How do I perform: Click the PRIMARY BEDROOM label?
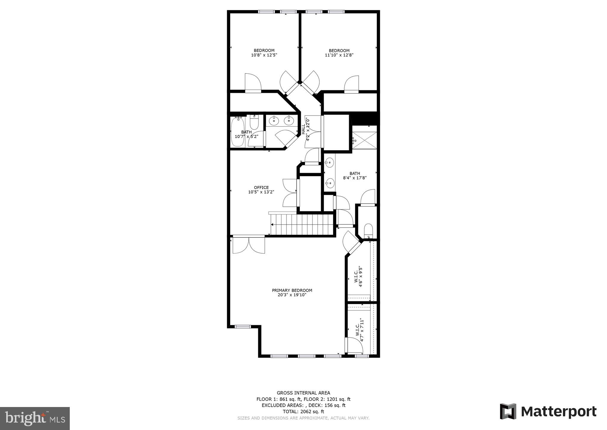tap(292, 290)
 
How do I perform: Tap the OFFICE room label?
tap(261, 188)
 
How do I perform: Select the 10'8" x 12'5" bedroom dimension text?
tap(264, 55)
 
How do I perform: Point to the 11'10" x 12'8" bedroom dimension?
tap(339, 55)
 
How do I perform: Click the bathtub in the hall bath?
tap(237, 132)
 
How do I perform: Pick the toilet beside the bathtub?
tap(254, 123)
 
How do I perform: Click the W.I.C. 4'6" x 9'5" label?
tap(358, 277)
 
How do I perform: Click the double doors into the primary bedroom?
tap(249, 245)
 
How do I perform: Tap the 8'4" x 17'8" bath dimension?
tap(354, 178)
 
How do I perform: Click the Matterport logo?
tap(548, 411)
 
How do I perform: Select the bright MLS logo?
tap(35, 419)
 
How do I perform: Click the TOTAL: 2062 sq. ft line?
tap(303, 411)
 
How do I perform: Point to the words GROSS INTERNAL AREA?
tap(303, 393)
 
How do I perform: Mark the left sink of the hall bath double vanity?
tap(274, 121)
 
